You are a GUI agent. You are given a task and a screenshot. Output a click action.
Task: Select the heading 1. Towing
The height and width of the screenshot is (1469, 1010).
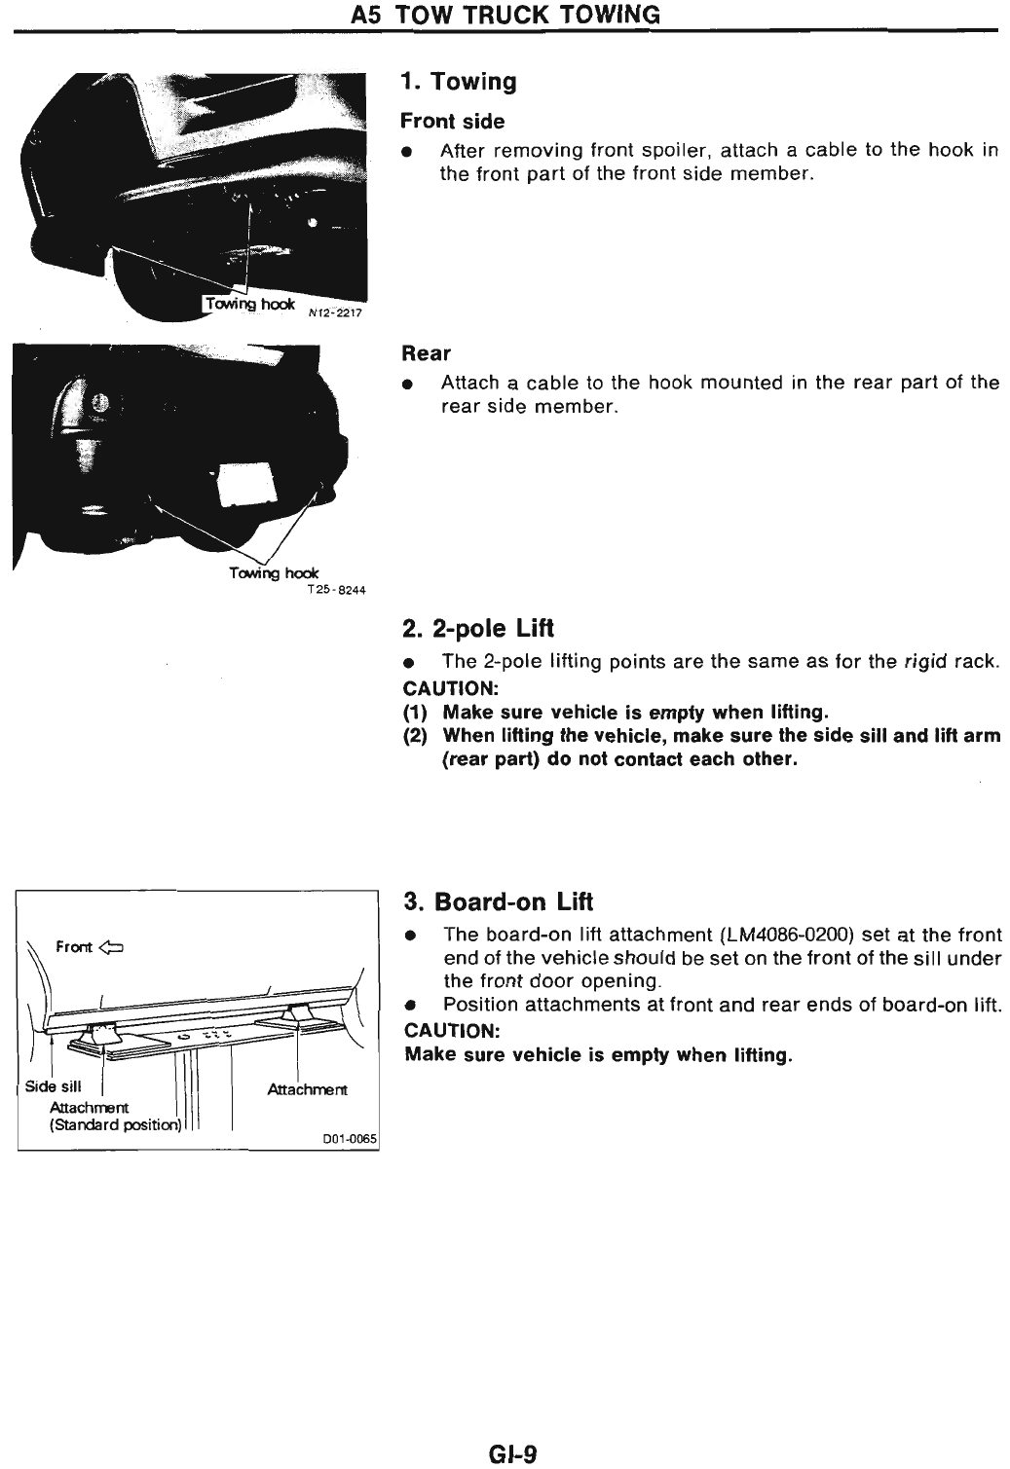[x=458, y=82]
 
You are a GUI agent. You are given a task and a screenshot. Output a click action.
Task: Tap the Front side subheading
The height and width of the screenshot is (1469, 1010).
[x=453, y=122]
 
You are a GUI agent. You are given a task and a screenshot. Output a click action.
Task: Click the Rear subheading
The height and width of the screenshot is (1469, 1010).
[x=426, y=353]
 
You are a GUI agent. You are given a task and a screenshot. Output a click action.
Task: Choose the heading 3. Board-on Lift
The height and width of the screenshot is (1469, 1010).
[x=498, y=901]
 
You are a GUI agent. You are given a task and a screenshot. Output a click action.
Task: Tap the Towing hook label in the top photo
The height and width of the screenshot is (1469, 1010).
[x=248, y=304]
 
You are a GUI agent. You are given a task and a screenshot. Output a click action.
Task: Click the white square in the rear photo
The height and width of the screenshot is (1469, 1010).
[x=243, y=484]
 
